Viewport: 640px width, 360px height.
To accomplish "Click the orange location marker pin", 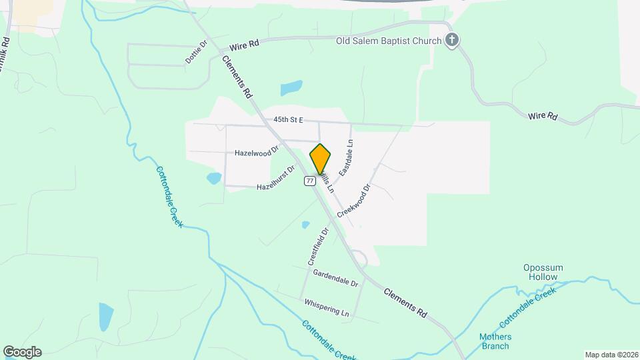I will (320, 159).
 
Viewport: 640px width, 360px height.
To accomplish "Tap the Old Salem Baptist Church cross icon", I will (452, 41).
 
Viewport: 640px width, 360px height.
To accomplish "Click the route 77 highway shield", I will (310, 181).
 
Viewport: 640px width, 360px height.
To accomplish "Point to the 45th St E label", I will (288, 120).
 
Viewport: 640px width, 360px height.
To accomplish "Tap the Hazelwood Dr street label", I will (257, 153).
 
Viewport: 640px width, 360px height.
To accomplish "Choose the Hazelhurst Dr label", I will (275, 178).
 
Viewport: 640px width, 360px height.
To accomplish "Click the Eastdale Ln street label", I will (345, 157).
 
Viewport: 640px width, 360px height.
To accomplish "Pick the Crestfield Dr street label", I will (319, 247).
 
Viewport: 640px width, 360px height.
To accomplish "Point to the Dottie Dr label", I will (197, 51).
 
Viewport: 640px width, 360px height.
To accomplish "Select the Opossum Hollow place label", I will (543, 272).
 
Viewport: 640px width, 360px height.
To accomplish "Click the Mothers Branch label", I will (495, 341).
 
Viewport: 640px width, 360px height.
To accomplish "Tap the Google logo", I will (22, 351).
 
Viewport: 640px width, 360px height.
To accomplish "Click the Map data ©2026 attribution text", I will (610, 355).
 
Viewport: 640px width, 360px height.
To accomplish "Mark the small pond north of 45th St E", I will (291, 88).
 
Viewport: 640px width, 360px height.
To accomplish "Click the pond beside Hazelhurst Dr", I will (214, 178).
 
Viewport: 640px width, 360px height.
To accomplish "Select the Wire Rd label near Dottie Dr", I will (243, 46).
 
